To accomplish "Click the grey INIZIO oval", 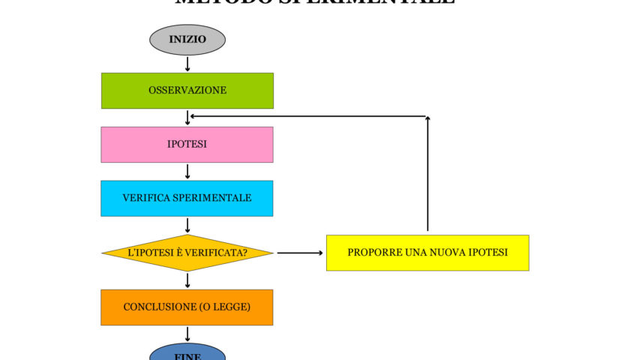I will coord(187,40).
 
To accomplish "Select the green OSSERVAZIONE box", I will coord(187,91).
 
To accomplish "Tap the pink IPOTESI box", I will coord(187,145).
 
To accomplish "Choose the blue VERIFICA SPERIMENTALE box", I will coord(187,199).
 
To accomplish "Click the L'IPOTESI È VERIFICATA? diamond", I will coord(187,253).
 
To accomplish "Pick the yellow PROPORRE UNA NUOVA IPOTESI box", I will coord(427,253).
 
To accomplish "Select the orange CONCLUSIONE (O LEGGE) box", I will coord(187,307).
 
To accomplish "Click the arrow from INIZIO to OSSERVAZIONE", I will coord(187,64).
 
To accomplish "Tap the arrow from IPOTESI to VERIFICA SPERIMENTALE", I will coord(187,172).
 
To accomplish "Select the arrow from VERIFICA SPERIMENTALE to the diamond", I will coord(187,226).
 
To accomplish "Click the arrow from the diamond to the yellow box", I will coord(299,253).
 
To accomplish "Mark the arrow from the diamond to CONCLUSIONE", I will coord(187,280).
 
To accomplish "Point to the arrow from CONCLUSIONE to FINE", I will coord(187,334).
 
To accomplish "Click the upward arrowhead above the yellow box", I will coord(427,119).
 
